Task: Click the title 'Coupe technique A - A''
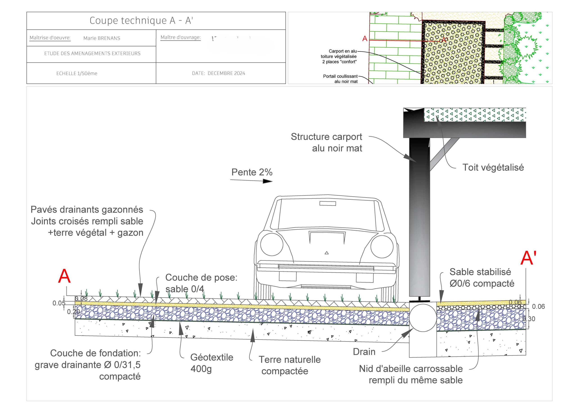click(141, 21)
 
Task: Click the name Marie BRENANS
click(102, 38)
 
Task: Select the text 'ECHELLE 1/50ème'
click(77, 73)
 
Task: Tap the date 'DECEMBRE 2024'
click(226, 73)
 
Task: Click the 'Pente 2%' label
click(252, 172)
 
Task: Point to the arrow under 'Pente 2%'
click(251, 181)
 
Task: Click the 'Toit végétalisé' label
click(493, 168)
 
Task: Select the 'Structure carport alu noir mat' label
click(326, 142)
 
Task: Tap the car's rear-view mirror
click(327, 203)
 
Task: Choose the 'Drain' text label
click(364, 352)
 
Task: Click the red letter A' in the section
click(528, 258)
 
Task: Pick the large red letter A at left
click(64, 276)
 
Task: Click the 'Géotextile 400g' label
click(211, 363)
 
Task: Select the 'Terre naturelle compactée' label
click(290, 365)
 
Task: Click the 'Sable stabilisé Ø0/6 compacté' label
click(481, 278)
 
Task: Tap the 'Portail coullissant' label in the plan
click(340, 79)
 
